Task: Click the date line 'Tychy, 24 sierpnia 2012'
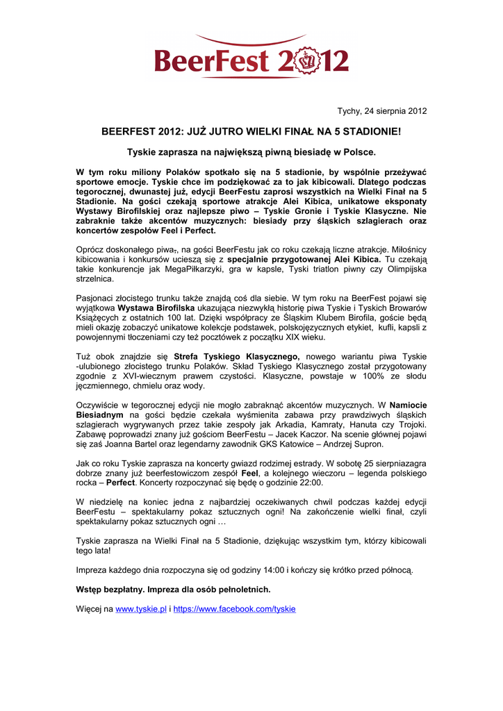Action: [382, 111]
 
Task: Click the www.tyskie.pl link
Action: [140, 609]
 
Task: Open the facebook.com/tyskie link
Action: [234, 609]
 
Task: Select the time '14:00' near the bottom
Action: [271, 570]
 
